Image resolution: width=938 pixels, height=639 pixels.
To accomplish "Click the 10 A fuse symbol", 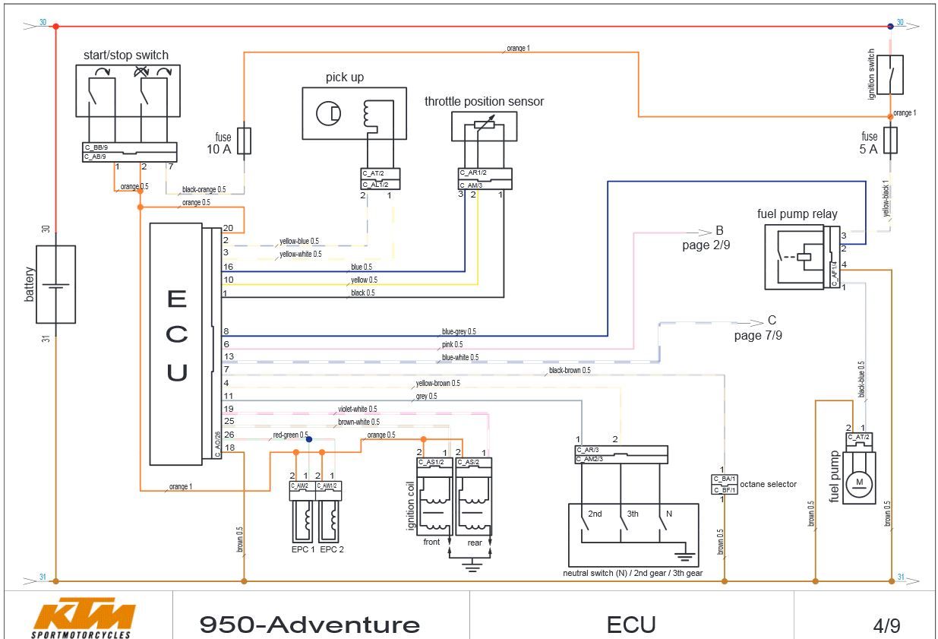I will click(245, 141).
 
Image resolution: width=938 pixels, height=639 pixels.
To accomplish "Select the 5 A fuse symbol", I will click(891, 140).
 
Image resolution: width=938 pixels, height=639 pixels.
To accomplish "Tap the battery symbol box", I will click(55, 284).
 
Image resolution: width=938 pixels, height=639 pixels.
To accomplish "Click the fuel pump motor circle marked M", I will click(860, 482).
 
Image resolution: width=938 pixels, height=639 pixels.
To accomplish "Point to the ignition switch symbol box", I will click(890, 74).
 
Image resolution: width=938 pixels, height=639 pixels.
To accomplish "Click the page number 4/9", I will click(886, 626).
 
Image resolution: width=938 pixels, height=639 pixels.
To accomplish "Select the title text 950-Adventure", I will click(309, 625).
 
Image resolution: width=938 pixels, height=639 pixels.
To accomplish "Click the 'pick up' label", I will click(345, 78).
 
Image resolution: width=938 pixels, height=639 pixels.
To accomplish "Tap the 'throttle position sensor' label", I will click(484, 102).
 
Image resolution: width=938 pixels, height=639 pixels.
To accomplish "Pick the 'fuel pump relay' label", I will click(797, 214).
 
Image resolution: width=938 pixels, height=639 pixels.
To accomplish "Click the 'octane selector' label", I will click(768, 484).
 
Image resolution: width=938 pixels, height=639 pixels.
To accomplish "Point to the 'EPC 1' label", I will click(302, 549).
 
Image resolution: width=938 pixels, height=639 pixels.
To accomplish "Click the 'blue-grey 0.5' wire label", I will click(459, 332).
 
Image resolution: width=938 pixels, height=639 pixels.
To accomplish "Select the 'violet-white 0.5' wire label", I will click(357, 409).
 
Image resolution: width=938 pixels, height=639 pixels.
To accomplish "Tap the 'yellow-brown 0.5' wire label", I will click(437, 383).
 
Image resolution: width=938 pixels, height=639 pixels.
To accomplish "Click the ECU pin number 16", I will click(227, 267).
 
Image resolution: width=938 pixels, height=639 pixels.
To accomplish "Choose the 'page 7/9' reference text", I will click(757, 335).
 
